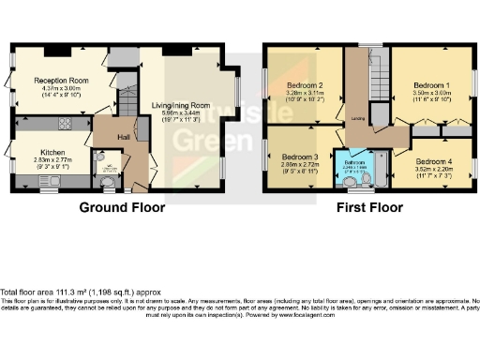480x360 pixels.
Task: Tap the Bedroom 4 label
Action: pyautogui.click(x=433, y=160)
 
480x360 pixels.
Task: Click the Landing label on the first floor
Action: pyautogui.click(x=358, y=119)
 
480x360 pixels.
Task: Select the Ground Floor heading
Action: pyautogui.click(x=122, y=207)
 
